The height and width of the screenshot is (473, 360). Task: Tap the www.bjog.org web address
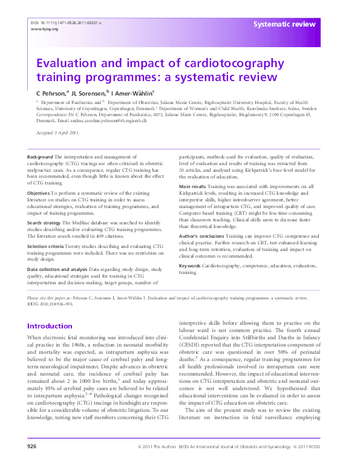(44, 28)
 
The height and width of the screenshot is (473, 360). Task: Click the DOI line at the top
(65, 22)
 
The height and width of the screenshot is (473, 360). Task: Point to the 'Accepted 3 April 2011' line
(57, 132)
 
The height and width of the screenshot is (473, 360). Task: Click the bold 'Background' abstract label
(41, 157)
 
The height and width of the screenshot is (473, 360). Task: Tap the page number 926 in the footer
(32, 463)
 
